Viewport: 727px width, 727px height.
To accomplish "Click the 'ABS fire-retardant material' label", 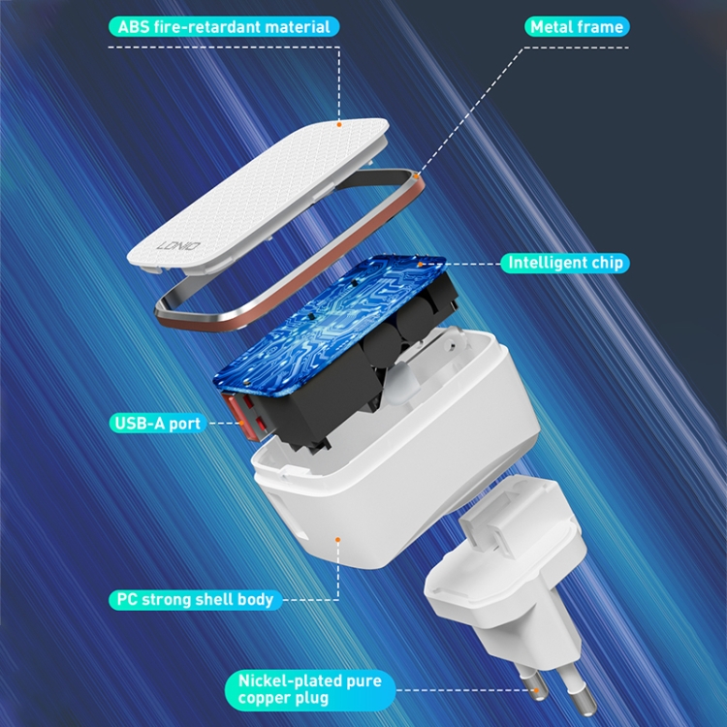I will pyautogui.click(x=224, y=27).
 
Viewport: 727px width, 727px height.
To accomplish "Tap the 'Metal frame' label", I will pyautogui.click(x=576, y=27).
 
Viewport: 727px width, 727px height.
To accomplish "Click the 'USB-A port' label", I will pyautogui.click(x=156, y=424).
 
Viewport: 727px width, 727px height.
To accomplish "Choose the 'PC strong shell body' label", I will pyautogui.click(x=195, y=599).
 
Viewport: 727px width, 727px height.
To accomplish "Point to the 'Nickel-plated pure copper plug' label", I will pyautogui.click(x=309, y=689).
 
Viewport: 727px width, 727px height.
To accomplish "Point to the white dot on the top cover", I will pyautogui.click(x=340, y=124).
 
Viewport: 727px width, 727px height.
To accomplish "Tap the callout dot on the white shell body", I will pyautogui.click(x=337, y=537).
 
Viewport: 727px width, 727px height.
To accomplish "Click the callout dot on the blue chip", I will pyautogui.click(x=420, y=262).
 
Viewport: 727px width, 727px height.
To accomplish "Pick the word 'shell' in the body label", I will pyautogui.click(x=209, y=599).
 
